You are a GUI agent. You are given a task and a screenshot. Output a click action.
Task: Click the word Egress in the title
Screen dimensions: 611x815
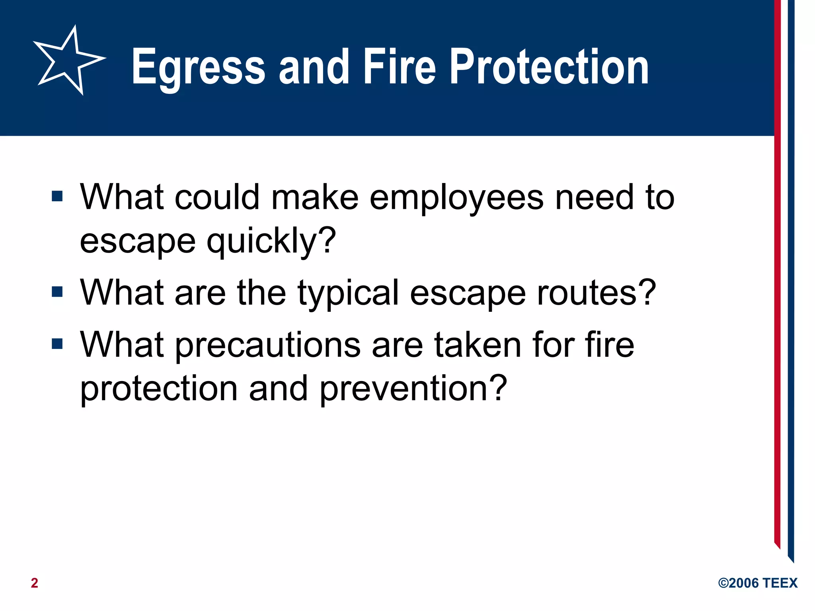coord(198,67)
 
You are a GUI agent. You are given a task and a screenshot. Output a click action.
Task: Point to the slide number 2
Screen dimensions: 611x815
coord(35,583)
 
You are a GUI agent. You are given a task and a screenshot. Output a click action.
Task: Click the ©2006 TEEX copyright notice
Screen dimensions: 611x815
coord(758,583)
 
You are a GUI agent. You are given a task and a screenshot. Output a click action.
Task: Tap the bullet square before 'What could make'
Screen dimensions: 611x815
coord(57,196)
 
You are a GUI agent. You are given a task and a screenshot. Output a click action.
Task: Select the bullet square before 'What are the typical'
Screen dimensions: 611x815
coord(57,292)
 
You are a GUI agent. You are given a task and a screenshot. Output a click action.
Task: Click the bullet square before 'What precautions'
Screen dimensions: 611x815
coord(57,344)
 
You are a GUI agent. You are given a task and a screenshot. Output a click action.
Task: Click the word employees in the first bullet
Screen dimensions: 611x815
coord(456,198)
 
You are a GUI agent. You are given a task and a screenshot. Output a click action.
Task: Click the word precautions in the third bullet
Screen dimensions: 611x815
coord(268,345)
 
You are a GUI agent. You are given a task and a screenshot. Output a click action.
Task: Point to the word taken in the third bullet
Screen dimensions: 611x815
coord(478,344)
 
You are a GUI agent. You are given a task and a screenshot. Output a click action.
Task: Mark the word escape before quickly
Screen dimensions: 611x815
coord(138,242)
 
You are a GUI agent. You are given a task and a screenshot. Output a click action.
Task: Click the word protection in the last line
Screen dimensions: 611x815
coord(159,389)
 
